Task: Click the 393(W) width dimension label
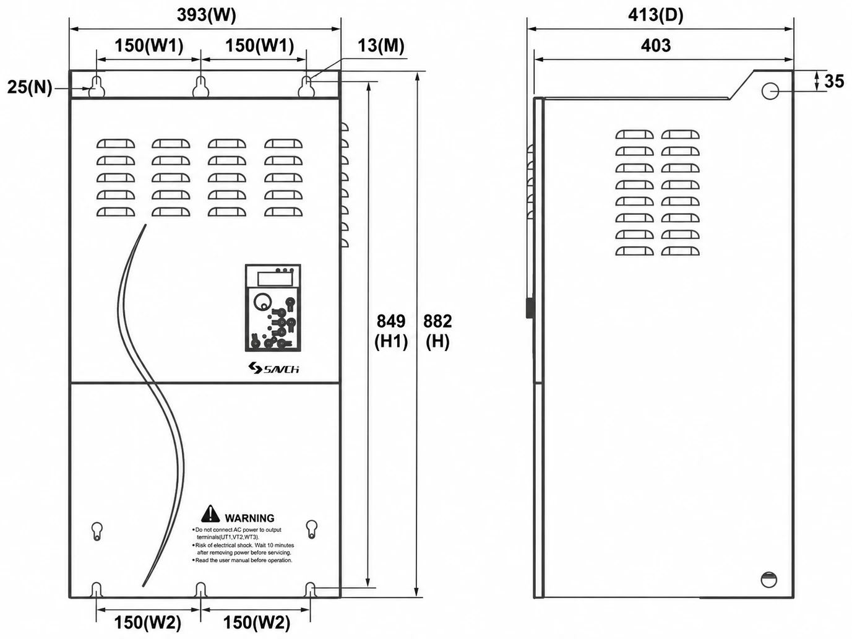tap(206, 15)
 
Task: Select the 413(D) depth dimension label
tap(656, 15)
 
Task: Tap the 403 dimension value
tap(656, 45)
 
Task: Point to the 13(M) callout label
tap(381, 45)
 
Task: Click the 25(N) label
tap(30, 87)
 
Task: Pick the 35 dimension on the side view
tap(834, 81)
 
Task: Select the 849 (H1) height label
tap(391, 331)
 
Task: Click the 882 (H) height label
tap(437, 331)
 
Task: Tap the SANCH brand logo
tap(274, 368)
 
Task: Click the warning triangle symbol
tap(210, 514)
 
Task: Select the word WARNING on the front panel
tap(249, 518)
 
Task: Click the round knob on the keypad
tap(262, 302)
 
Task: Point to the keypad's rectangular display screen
tap(275, 279)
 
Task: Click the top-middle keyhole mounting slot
tap(200, 87)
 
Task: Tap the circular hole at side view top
tap(770, 91)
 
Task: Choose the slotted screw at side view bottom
tap(768, 580)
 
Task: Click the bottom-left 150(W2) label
tap(147, 623)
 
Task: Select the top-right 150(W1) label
tap(260, 45)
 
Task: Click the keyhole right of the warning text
tap(312, 529)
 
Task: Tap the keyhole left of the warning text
tap(97, 531)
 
